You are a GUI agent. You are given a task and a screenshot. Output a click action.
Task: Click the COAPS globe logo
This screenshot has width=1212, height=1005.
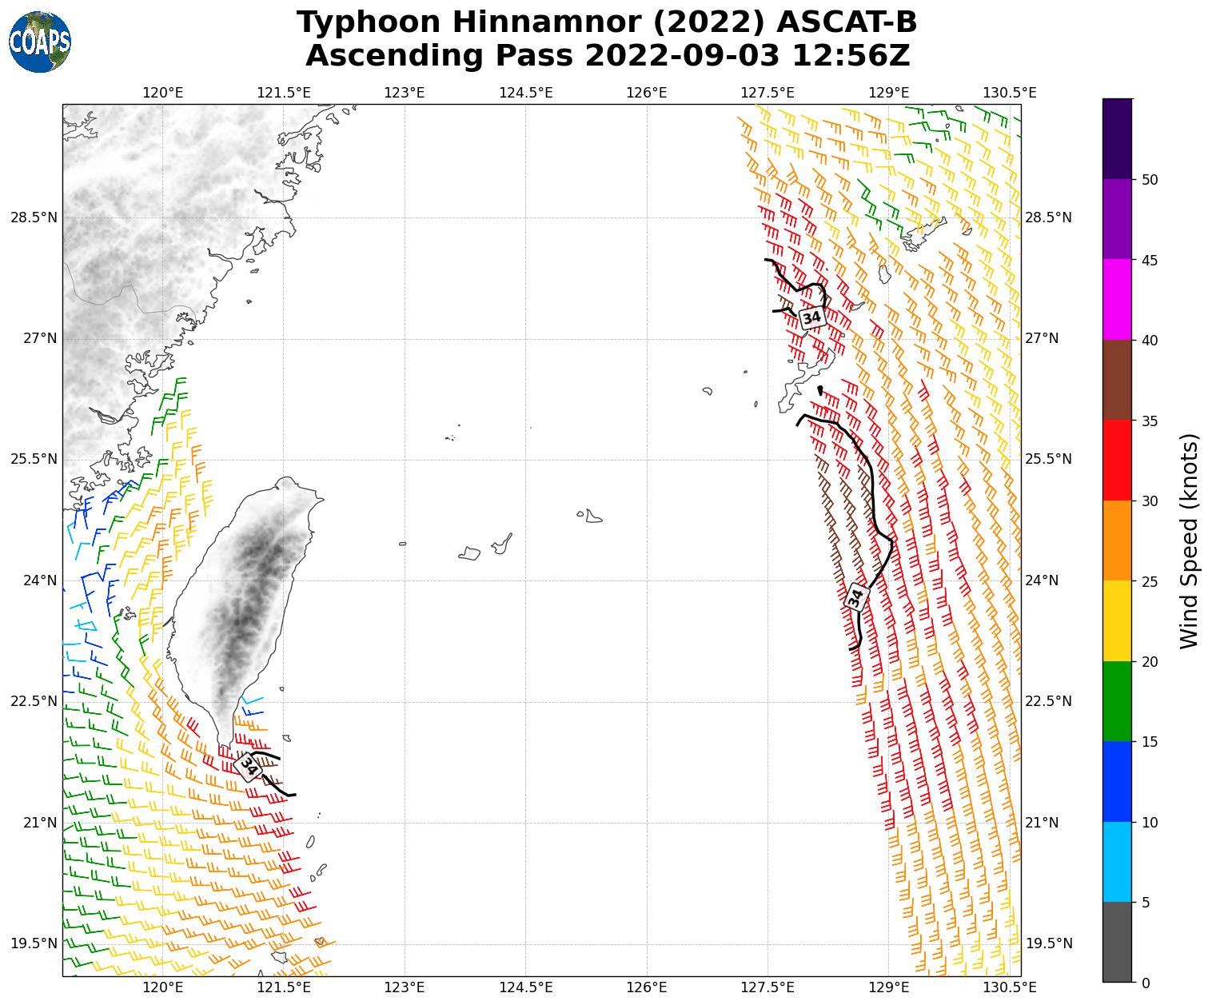(x=40, y=42)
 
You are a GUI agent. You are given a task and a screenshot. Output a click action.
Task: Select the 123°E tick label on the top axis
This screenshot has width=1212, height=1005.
(x=405, y=93)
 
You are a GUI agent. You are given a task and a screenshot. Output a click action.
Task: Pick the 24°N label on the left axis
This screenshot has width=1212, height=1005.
(x=38, y=580)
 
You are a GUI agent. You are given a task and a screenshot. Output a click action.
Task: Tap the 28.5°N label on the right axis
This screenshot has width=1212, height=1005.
(x=1048, y=218)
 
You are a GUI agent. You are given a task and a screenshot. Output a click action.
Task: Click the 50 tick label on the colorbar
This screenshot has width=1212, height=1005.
(x=1150, y=180)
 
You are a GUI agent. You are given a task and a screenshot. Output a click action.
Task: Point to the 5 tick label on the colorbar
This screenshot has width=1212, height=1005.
(x=1146, y=903)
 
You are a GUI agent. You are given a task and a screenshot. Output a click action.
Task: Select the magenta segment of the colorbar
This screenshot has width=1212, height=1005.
(x=1117, y=300)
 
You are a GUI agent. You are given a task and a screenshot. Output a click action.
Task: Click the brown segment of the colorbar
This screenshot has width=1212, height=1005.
(x=1117, y=380)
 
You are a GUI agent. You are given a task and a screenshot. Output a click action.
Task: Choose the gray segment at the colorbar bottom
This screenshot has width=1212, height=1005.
(x=1117, y=942)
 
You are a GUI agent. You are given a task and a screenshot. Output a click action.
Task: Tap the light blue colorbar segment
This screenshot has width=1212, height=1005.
(x=1117, y=862)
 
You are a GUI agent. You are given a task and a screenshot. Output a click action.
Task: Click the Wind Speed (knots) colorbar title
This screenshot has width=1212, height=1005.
(x=1190, y=540)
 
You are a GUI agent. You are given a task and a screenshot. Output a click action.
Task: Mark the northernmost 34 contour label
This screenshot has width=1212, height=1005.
(x=811, y=317)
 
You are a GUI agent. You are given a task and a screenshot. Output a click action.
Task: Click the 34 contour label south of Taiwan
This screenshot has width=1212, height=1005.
(x=249, y=767)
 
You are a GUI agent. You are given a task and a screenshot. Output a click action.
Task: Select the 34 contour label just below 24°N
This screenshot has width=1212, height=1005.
(x=856, y=596)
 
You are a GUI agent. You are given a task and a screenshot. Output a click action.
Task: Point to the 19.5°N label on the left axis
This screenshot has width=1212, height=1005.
(x=34, y=943)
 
